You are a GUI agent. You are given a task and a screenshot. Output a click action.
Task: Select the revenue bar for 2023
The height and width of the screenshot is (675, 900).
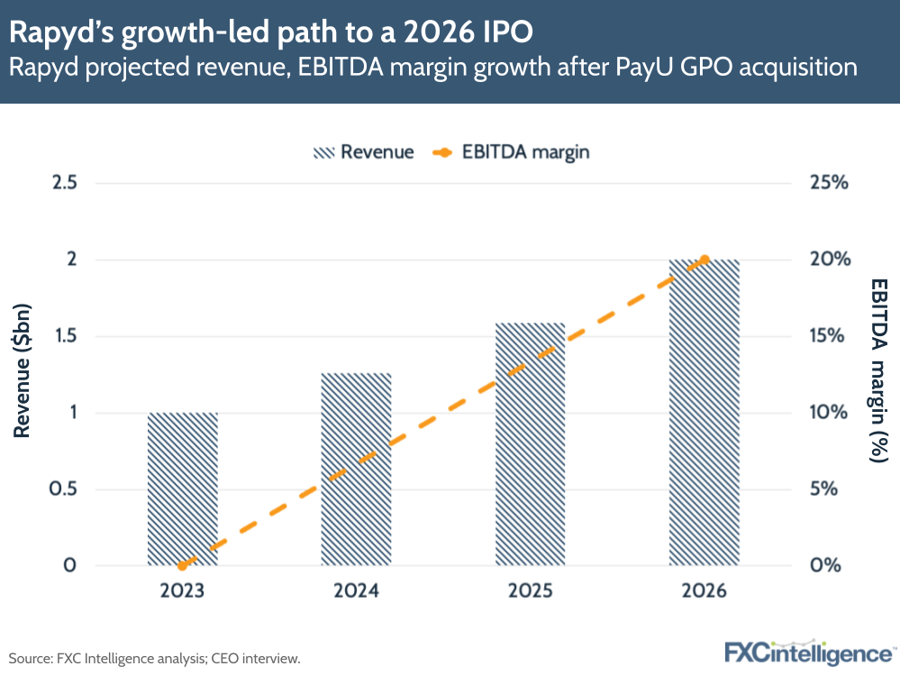[183, 489]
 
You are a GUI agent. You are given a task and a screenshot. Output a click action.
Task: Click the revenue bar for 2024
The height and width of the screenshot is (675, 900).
[357, 470]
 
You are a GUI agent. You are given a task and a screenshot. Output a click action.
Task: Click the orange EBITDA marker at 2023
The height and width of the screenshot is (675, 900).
[183, 566]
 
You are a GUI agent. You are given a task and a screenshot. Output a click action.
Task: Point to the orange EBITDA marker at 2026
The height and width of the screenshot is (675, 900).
[705, 260]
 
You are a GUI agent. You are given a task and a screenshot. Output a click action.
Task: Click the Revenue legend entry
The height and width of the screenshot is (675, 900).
[363, 151]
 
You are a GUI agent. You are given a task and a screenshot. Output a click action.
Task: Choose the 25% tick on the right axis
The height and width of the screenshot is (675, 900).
[829, 183]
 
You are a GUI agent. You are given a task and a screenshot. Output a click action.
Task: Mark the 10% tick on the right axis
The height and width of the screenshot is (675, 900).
[829, 413]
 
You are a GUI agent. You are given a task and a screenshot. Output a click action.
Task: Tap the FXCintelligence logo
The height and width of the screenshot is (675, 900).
[810, 653]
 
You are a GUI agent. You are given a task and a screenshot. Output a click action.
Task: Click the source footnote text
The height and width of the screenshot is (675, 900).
[154, 659]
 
